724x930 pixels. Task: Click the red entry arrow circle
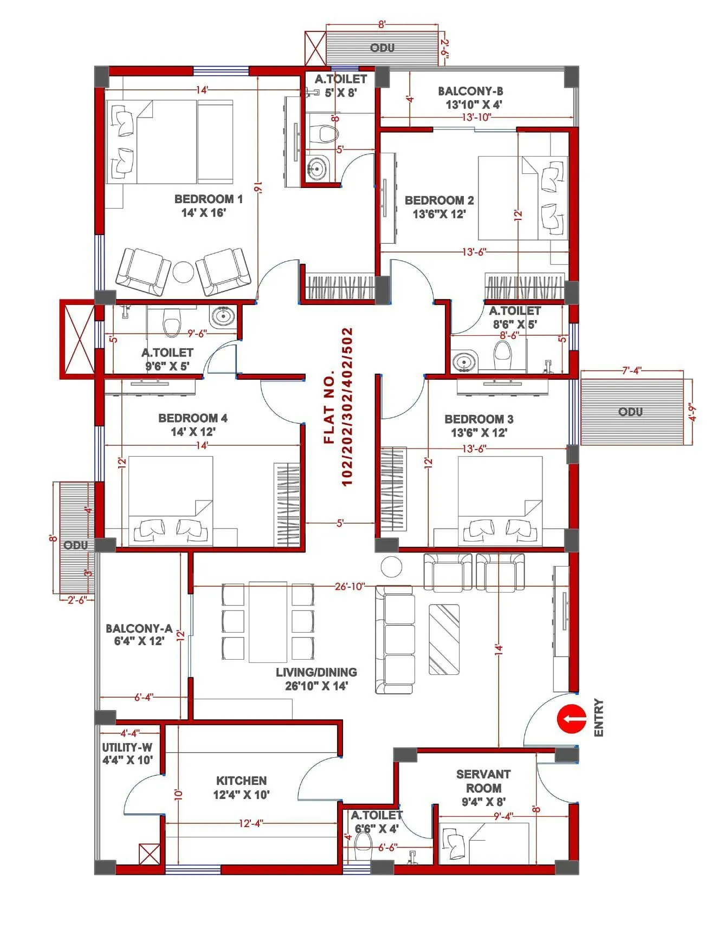[x=572, y=719]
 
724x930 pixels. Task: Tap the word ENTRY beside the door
[x=599, y=718]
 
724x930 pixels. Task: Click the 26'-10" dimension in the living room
[x=350, y=586]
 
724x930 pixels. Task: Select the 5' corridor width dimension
[x=340, y=523]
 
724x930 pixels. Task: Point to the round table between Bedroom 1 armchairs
[x=184, y=272]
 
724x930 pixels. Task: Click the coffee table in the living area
[x=444, y=639]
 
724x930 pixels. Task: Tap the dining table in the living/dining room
[x=268, y=622]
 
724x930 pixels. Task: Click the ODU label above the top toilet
[x=382, y=48]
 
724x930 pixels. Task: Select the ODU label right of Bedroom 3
[x=630, y=412]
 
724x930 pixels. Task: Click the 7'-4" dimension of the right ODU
[x=631, y=370]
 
